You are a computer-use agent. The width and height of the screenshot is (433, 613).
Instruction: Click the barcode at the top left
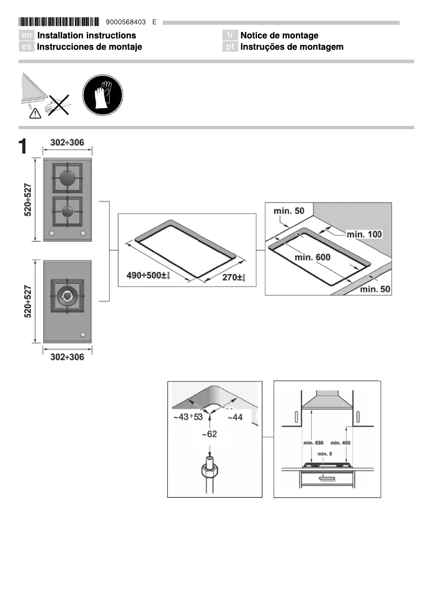point(59,22)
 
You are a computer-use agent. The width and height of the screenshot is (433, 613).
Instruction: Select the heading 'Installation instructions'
point(86,36)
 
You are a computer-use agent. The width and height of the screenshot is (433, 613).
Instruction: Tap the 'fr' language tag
point(230,36)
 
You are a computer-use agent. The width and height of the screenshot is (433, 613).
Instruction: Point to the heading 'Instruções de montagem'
point(292,47)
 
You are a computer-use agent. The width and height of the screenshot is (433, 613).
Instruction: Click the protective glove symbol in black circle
point(103,95)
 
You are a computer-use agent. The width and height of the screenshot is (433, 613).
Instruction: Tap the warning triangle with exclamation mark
point(35,113)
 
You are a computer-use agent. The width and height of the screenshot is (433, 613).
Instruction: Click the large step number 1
point(23,147)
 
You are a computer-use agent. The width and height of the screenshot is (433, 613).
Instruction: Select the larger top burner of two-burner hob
point(67,178)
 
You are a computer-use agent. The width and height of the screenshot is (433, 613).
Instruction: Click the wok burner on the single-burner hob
point(67,295)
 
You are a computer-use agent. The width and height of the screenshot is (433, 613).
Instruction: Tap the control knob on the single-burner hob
point(83,334)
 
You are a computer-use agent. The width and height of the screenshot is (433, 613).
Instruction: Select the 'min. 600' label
point(313,257)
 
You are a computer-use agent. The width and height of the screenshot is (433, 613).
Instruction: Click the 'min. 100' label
point(364,234)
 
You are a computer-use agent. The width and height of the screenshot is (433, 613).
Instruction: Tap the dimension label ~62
point(210,434)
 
